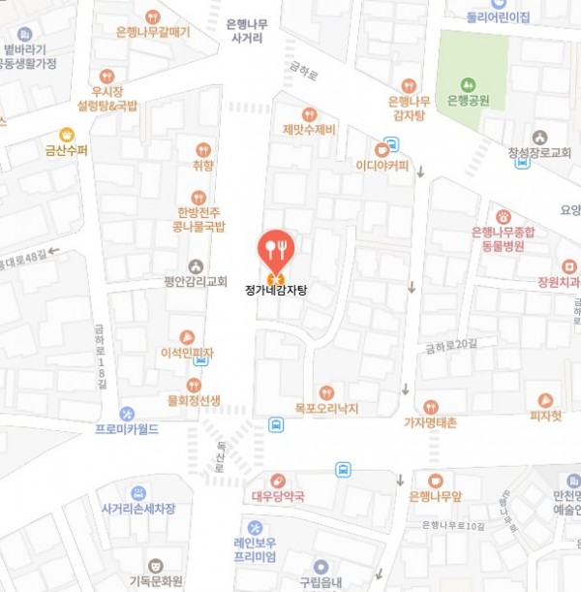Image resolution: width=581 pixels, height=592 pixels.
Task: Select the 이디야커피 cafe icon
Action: click(x=384, y=148)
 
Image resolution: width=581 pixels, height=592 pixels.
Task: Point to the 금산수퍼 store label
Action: click(x=66, y=151)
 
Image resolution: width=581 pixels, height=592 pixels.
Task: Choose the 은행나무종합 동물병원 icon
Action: click(x=504, y=217)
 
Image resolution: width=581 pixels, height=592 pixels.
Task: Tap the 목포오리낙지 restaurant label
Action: click(x=326, y=409)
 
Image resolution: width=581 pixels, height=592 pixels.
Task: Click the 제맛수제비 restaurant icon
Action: click(x=310, y=114)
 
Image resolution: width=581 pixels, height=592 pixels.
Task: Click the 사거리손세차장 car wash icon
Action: click(x=138, y=492)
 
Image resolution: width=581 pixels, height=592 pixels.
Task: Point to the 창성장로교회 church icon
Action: click(x=539, y=137)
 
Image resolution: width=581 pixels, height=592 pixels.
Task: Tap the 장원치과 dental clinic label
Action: click(x=556, y=283)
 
